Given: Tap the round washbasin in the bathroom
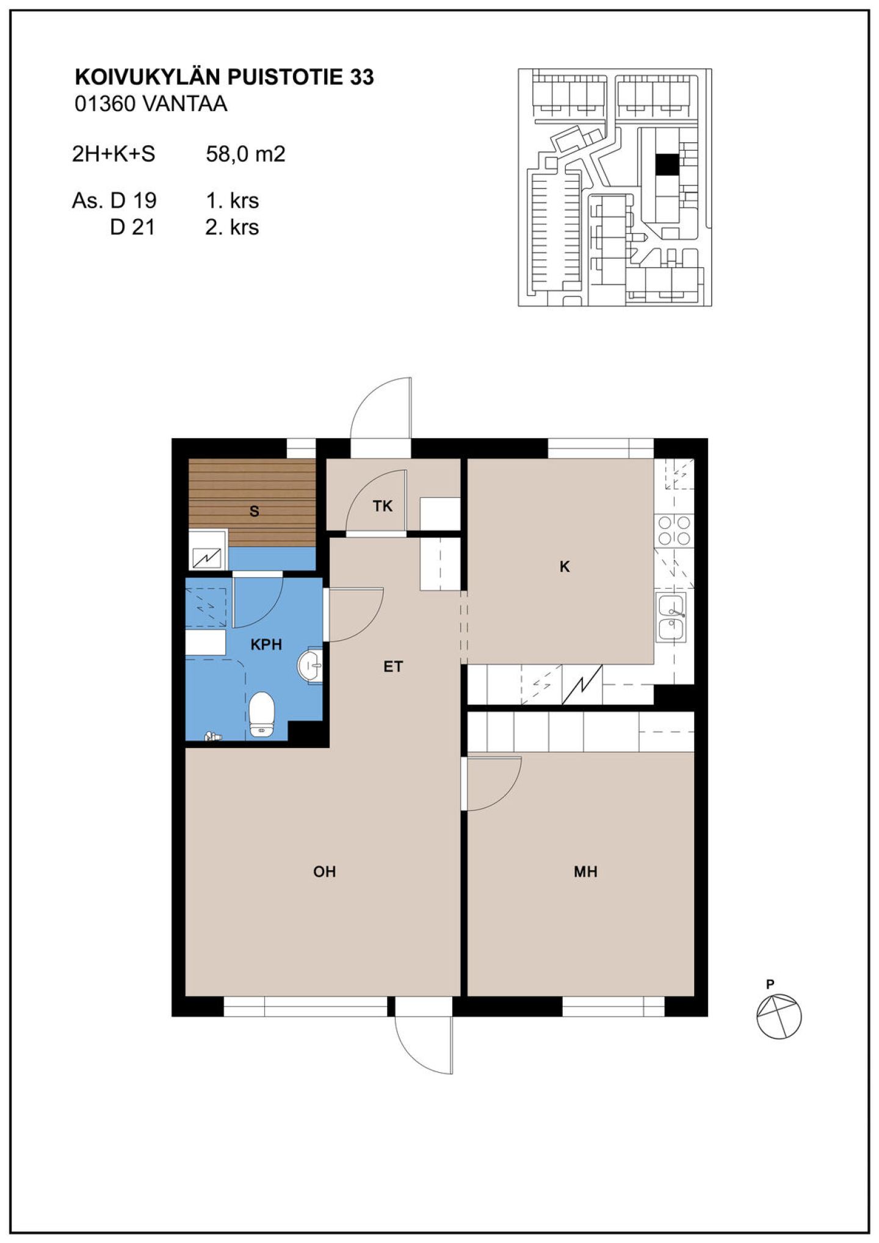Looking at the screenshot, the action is coord(310,665).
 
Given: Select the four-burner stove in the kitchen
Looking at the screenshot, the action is coord(674,530).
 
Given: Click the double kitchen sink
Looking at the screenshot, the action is coord(671,616).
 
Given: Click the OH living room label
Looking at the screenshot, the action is coord(325,871).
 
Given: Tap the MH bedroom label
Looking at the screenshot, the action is coord(585,871).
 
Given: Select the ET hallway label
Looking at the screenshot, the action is coord(393,667).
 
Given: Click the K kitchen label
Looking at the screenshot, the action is coord(565,567).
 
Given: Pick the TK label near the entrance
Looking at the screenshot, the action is coord(383,506).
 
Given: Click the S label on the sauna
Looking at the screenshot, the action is coord(255,511).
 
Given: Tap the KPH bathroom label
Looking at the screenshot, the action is coord(266,644).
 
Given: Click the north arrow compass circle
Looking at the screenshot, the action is coord(779,1016).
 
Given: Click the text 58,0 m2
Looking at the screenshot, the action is coord(245,154).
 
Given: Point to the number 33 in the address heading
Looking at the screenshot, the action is coord(362,77).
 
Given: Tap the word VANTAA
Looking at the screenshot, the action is coord(185,104).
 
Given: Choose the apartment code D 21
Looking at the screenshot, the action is coord(132,227).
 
